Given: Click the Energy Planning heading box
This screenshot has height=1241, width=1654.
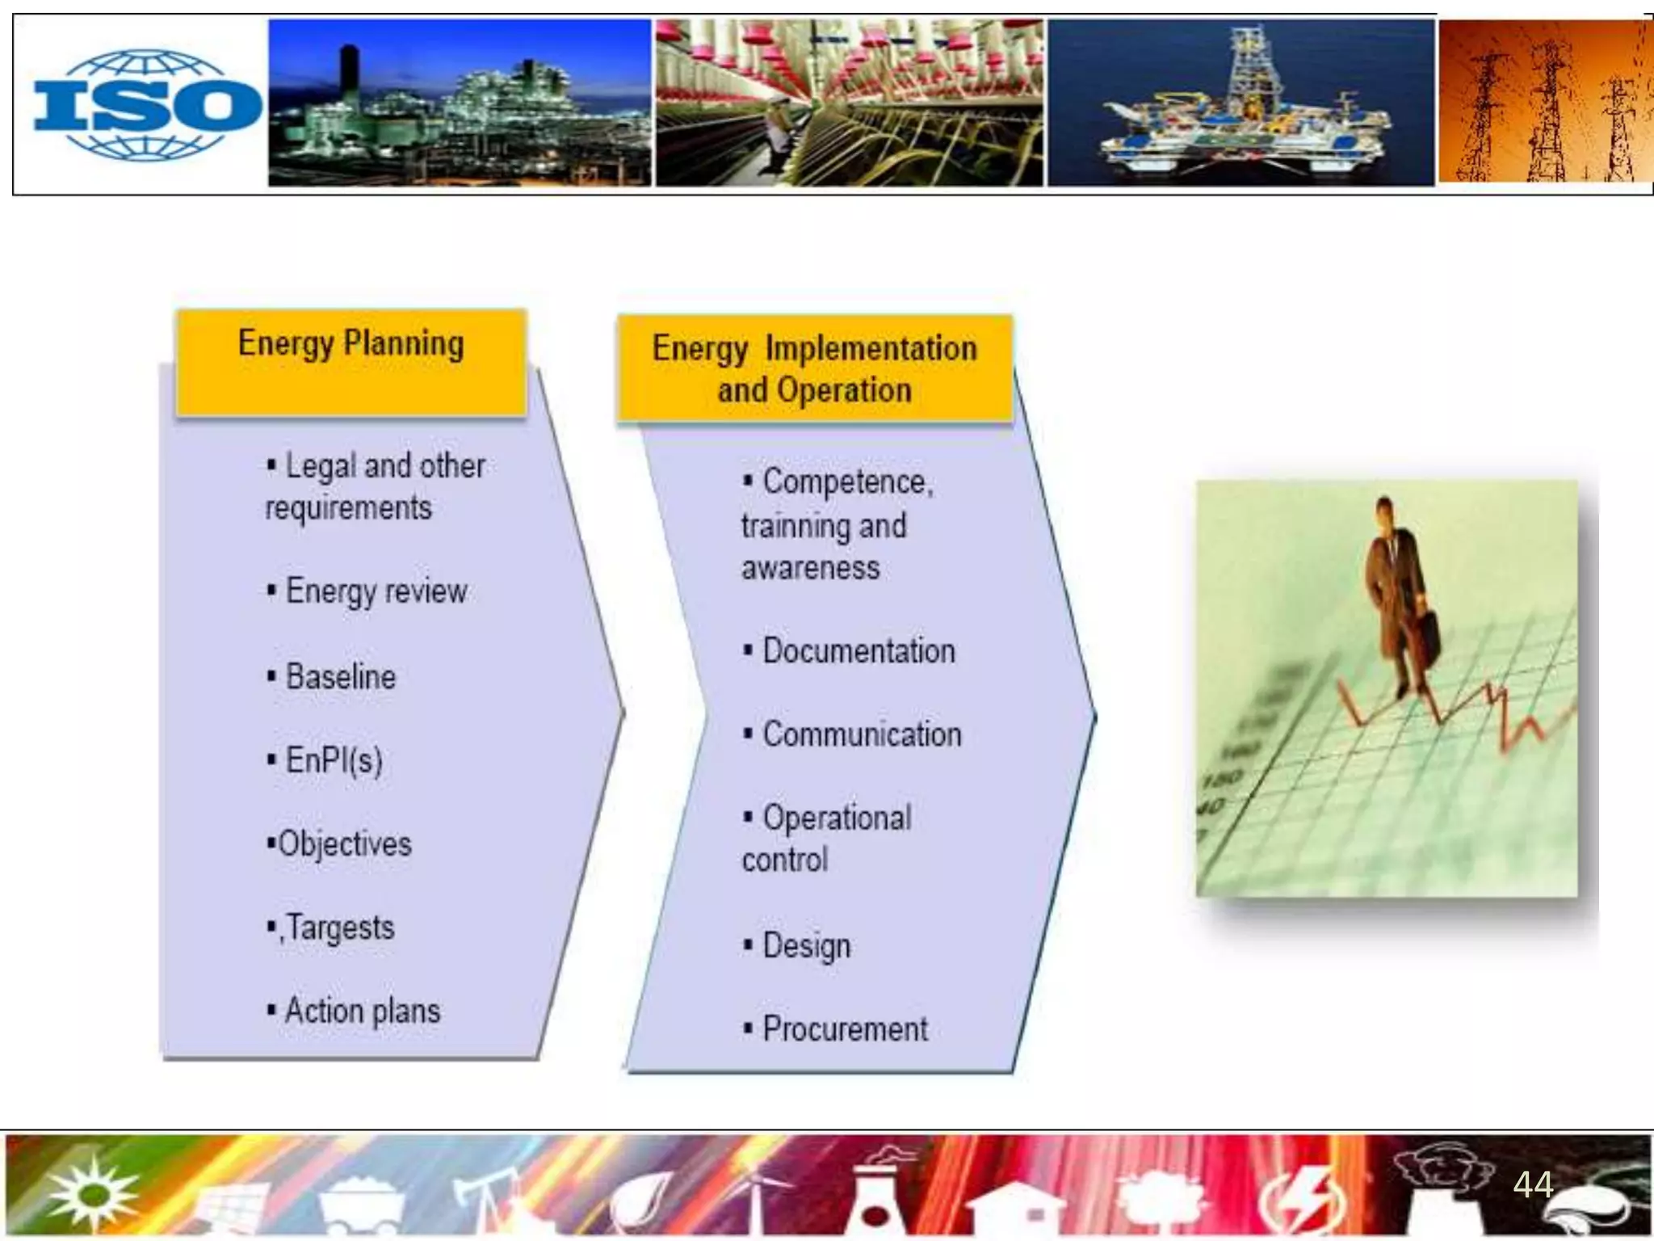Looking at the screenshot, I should (x=351, y=361).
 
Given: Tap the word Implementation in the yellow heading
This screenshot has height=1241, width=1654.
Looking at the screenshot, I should (x=871, y=348).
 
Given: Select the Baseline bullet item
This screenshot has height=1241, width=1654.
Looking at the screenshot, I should (x=340, y=677).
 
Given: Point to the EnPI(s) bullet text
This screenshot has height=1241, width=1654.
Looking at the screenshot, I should (x=334, y=760).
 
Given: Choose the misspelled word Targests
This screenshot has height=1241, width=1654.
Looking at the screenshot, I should (x=340, y=928).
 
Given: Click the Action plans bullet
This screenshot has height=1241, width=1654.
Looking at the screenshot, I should (x=362, y=1012).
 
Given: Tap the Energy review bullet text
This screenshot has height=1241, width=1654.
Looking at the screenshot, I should (x=376, y=591).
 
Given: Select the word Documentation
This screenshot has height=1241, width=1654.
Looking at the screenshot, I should (x=858, y=651).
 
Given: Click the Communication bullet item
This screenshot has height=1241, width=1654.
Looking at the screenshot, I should (x=862, y=734).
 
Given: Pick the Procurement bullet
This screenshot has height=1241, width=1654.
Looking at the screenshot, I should (x=845, y=1029).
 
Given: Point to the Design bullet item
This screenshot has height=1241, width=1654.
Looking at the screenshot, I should (x=806, y=945).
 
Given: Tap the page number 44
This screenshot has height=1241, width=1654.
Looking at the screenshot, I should (x=1532, y=1184).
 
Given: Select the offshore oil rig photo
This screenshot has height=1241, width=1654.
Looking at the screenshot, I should (x=1240, y=103).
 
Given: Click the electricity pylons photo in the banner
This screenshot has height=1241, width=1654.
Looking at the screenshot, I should (x=1544, y=103).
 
